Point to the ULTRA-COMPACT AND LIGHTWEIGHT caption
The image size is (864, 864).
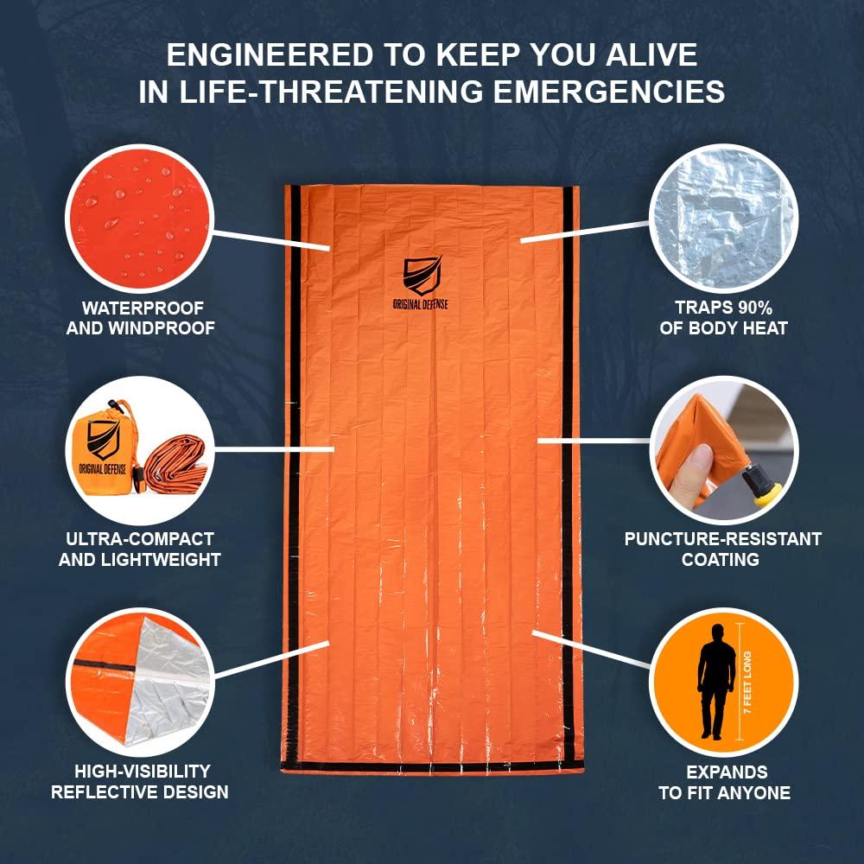138,550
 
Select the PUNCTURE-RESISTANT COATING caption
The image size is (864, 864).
722,550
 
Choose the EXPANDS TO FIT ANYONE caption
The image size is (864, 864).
724,782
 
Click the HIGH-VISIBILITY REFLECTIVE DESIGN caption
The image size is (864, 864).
139,781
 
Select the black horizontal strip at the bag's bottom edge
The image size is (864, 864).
432,767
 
